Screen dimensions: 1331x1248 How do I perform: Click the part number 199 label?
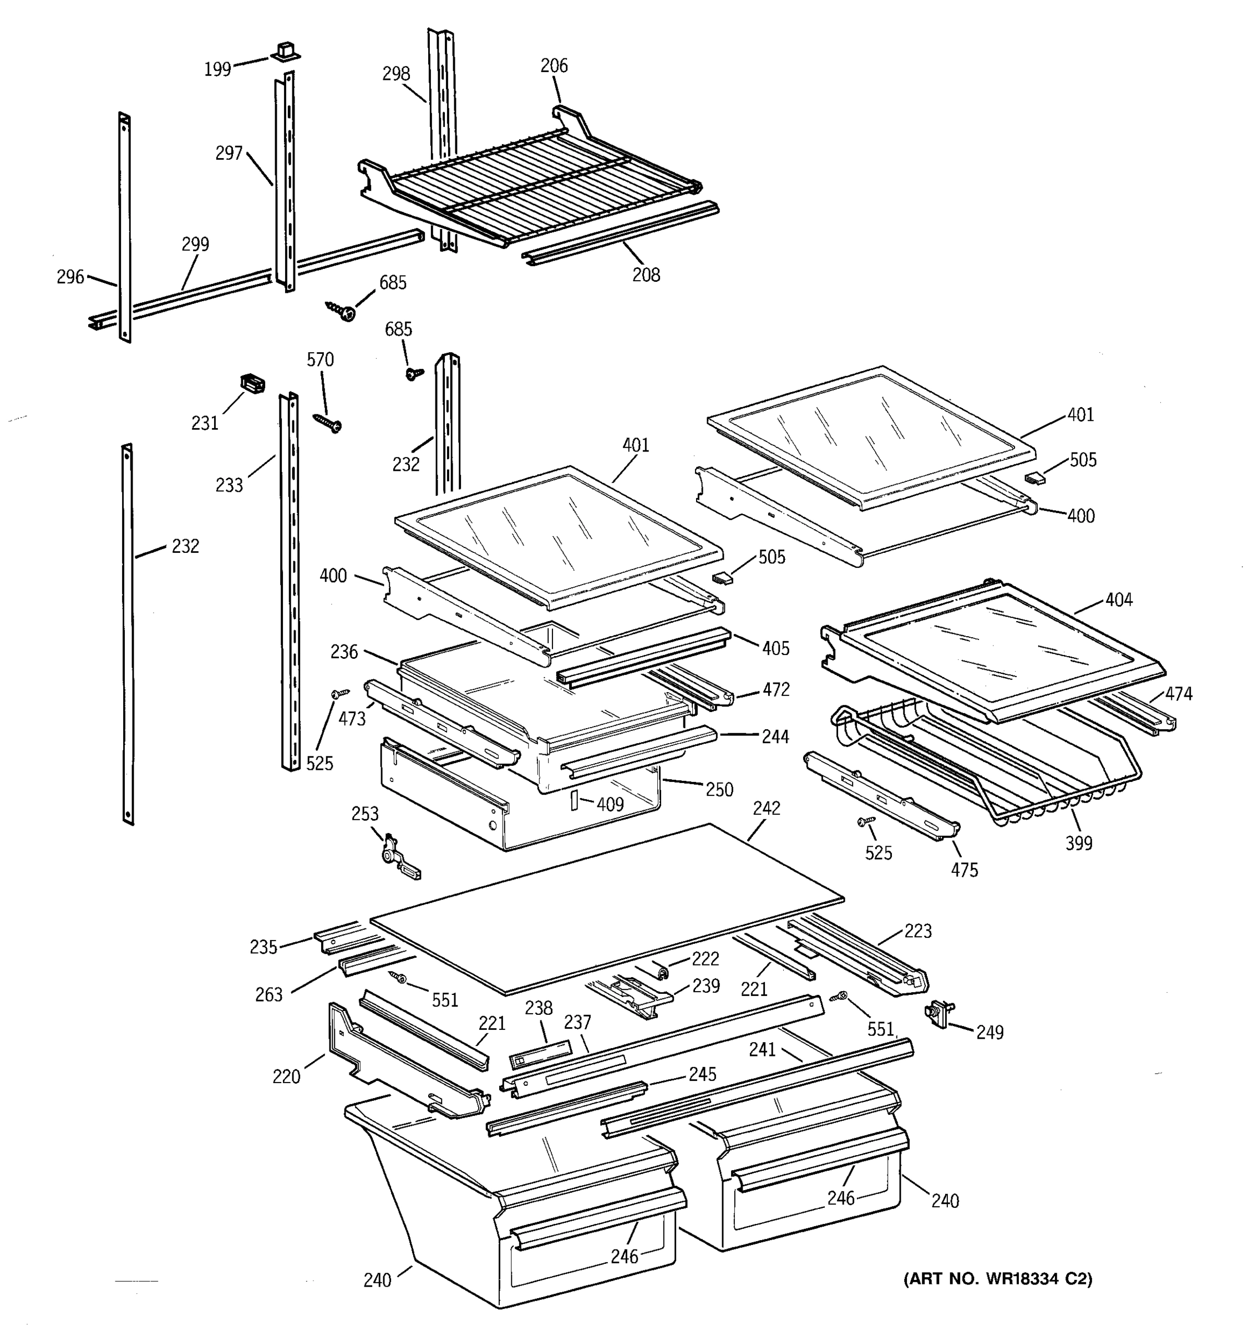coord(217,69)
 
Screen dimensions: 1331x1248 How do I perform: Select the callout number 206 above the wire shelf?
coord(554,65)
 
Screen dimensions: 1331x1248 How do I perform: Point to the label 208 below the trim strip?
coord(646,275)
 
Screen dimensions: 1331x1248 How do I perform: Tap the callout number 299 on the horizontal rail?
coord(195,245)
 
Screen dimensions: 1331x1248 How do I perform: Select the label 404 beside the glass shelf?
coord(1119,600)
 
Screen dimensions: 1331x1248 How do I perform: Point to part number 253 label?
coord(365,814)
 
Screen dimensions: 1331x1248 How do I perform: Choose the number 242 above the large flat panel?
coord(767,808)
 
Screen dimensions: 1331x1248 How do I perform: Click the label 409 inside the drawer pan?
coord(610,804)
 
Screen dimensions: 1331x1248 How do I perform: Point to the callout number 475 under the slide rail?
coord(964,870)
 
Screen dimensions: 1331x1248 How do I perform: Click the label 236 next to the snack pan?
coord(344,652)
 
